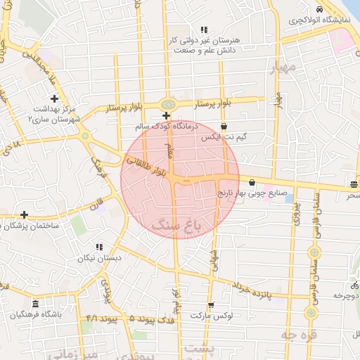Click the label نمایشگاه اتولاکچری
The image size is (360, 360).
click(x=320, y=21)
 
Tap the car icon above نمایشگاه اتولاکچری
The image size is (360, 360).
click(x=320, y=10)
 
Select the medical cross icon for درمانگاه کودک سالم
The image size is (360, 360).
click(x=166, y=116)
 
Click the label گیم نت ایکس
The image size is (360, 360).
click(x=224, y=138)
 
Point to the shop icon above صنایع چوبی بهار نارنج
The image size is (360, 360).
click(x=252, y=183)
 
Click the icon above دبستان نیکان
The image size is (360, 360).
click(x=99, y=247)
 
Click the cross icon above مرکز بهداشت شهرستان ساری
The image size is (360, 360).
click(x=54, y=98)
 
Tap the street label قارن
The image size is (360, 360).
click(x=96, y=207)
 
